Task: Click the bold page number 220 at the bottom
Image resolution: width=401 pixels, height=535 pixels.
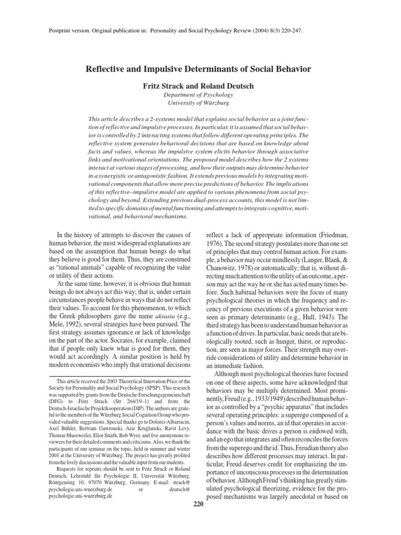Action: point(198,504)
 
